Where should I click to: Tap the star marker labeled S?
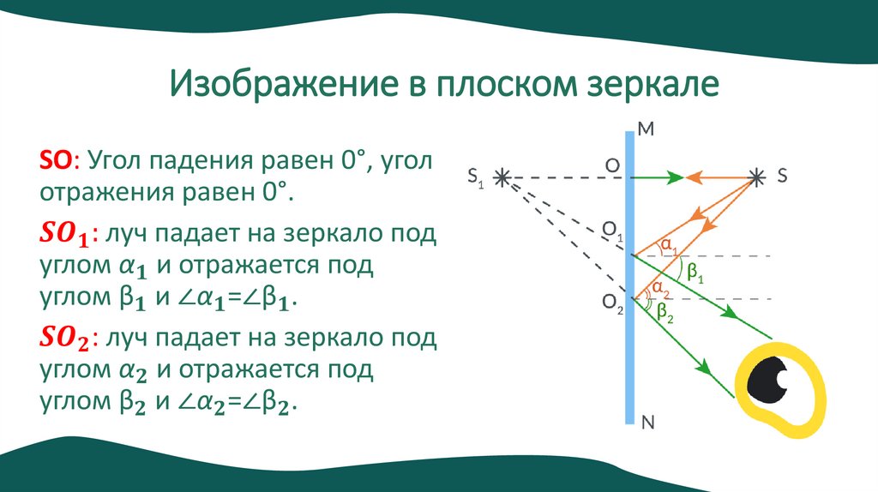[755, 177]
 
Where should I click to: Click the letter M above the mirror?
[646, 131]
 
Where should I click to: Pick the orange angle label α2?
[658, 288]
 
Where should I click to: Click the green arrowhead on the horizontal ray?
[674, 178]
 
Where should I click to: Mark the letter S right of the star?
[781, 176]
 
